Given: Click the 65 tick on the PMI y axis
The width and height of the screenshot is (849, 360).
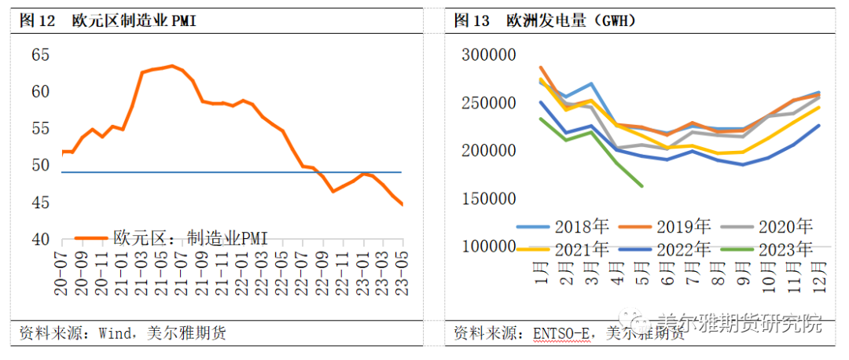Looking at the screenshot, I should pyautogui.click(x=40, y=55).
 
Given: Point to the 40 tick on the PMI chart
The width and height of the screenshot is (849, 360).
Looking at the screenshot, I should pyautogui.click(x=40, y=239).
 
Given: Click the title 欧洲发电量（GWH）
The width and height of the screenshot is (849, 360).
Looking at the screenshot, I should pyautogui.click(x=571, y=21).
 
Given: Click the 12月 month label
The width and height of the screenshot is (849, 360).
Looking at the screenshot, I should pyautogui.click(x=818, y=276).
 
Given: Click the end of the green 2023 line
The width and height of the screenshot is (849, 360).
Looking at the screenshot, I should pyautogui.click(x=642, y=186).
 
